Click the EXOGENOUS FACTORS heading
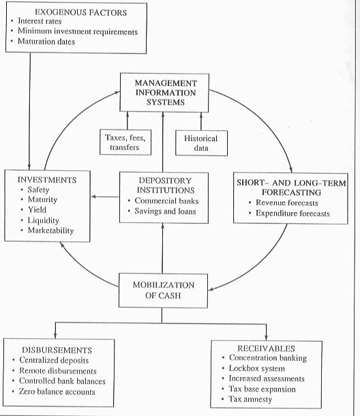[x=81, y=12]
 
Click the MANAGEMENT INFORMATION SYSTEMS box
[x=164, y=93]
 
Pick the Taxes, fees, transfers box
[x=125, y=143]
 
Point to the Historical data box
[x=201, y=143]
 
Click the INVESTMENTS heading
[x=47, y=180]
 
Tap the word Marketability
[x=50, y=231]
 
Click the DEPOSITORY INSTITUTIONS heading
[x=166, y=185]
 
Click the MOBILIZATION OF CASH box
[x=163, y=291]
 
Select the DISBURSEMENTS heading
[x=57, y=351]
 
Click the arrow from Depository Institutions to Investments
[x=105, y=197]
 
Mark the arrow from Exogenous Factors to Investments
[x=29, y=111]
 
